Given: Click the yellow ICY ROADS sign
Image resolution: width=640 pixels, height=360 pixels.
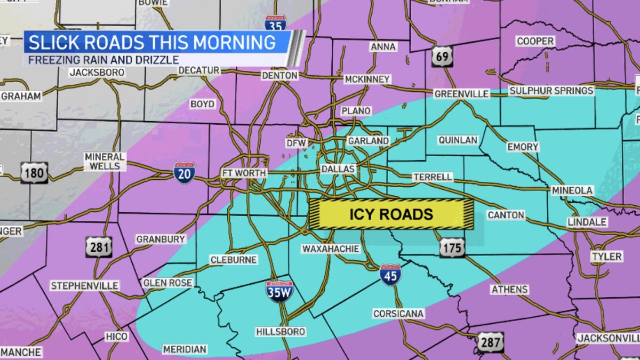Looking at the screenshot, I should point(391,214).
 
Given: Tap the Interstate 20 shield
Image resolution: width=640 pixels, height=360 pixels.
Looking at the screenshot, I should point(184,173).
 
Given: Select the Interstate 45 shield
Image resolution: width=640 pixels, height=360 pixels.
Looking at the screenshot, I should point(390,275).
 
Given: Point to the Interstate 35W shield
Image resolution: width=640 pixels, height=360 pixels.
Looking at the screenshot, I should point(279,291).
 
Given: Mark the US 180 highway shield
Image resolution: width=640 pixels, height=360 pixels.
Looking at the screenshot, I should point(35,173).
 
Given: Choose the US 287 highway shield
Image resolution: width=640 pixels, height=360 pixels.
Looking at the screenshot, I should point(490,342).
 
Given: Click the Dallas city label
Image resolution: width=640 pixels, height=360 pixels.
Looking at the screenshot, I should point(338,169).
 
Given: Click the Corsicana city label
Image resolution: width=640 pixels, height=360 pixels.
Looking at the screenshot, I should point(398,314).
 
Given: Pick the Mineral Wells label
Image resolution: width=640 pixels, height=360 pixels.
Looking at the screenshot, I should point(105,162).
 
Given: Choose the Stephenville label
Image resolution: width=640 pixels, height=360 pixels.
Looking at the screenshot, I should point(84,286).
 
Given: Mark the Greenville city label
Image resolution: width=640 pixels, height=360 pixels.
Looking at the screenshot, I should point(461,94).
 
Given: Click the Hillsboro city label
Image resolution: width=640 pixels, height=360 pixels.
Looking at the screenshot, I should point(281,332).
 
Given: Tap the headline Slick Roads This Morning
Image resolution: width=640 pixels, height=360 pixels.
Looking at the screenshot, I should point(152,42).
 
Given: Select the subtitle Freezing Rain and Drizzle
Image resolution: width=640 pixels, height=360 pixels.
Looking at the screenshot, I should point(103,60).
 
